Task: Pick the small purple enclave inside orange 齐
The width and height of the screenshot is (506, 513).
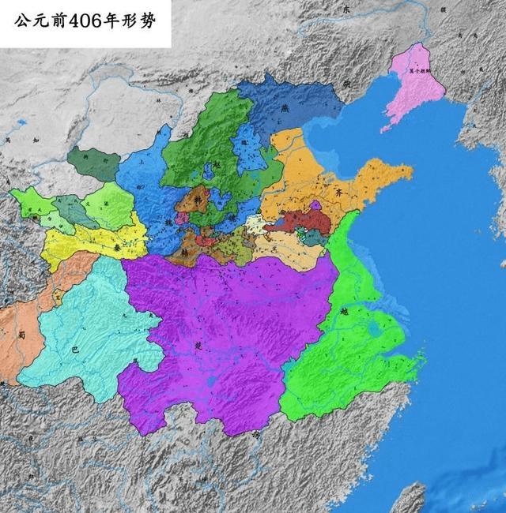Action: point(315,205)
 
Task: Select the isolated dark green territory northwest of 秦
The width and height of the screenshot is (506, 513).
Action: point(93,163)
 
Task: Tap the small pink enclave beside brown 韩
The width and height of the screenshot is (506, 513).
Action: point(182,217)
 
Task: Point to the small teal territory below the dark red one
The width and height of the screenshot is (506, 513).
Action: point(315,237)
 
